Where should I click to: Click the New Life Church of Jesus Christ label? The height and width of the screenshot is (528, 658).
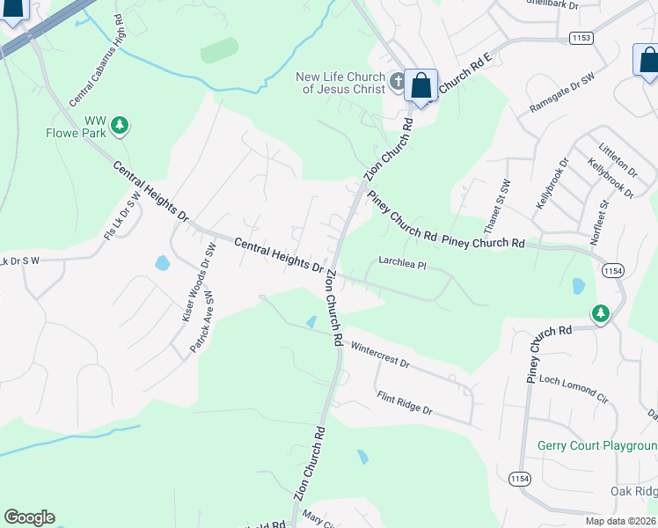coord(342,84)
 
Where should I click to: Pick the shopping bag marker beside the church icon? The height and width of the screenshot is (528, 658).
coord(421,87)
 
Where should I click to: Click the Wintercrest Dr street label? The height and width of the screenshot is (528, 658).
coord(380,355)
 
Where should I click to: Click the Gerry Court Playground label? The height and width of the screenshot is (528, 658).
coord(597,445)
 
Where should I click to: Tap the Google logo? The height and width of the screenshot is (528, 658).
coord(29,517)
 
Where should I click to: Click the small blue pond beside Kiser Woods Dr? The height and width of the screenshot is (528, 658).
coord(162,262)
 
